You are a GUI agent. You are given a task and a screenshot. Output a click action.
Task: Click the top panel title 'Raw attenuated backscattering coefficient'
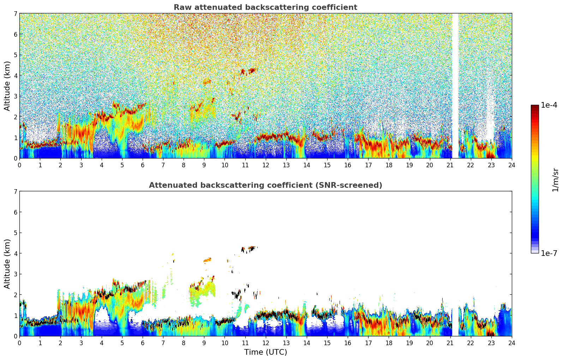pos(265,7)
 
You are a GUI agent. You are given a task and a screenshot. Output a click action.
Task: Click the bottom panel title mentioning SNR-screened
pos(265,185)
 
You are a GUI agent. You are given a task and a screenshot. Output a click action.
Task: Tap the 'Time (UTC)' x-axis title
pos(265,352)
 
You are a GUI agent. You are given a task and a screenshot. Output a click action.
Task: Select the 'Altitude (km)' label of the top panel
pos(7,86)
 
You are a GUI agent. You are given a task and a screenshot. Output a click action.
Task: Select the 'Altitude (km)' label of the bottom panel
pos(7,264)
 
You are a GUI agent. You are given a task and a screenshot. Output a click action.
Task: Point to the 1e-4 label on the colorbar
pos(549,105)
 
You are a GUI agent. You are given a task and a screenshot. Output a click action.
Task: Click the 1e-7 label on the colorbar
pos(549,253)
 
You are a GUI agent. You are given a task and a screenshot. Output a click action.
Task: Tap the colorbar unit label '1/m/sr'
pos(555,179)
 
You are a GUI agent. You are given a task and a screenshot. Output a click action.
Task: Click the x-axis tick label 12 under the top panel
pos(265,165)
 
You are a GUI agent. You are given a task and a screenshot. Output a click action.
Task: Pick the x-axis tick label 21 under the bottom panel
pos(450,343)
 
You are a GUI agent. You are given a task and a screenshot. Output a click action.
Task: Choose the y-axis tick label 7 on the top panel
pos(16,14)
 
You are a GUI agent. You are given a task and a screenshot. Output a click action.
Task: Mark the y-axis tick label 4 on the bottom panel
pos(16,253)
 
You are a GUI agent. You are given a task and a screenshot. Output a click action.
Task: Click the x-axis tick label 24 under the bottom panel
pos(511,343)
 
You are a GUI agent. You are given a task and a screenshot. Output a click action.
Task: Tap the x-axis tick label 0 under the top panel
pos(19,165)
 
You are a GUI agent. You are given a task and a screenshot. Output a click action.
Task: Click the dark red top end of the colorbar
pos(535,107)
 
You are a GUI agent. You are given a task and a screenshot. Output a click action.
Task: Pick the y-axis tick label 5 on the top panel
pos(16,55)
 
